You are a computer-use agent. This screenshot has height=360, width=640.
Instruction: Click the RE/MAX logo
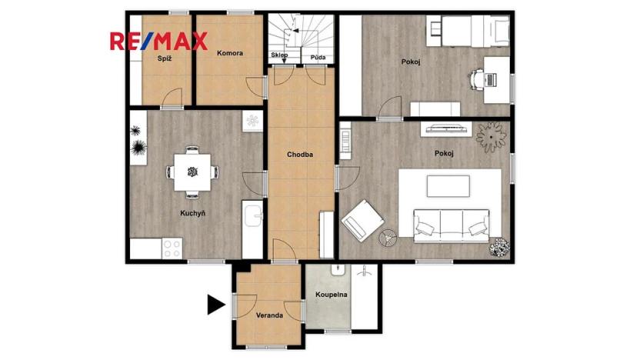(158, 41)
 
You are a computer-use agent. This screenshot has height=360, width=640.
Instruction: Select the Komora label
(230, 53)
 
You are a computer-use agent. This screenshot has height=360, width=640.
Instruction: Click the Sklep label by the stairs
(280, 57)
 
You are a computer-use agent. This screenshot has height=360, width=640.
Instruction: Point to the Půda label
(317, 57)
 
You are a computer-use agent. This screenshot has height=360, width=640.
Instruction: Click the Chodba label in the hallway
(300, 154)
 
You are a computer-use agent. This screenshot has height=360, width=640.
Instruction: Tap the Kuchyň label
(192, 212)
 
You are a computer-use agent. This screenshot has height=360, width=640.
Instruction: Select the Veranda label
(269, 315)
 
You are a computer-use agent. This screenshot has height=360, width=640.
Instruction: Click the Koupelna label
(332, 295)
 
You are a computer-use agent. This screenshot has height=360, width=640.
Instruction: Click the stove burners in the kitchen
(172, 248)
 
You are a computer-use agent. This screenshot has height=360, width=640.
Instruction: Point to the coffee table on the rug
(448, 186)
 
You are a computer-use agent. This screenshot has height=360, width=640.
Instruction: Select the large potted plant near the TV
(492, 137)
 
